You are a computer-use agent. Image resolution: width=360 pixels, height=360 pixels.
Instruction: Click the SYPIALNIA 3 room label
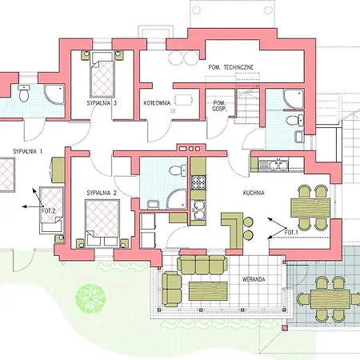tap(102, 103)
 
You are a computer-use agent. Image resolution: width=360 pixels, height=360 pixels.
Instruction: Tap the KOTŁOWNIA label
tap(157, 103)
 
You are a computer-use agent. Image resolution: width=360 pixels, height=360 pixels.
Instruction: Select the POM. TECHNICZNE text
tap(231, 67)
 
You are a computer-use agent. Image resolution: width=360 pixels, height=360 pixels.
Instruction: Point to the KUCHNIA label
tap(254, 193)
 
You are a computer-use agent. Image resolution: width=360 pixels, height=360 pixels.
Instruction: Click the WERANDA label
tap(254, 279)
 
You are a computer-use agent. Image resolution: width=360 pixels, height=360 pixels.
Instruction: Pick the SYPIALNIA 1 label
tap(27, 151)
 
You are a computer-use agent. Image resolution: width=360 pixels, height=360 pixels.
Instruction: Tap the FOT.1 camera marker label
tap(291, 233)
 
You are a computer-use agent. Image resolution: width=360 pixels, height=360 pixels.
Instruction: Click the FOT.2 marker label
tap(49, 211)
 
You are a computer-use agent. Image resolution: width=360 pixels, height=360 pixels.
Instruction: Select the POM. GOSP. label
tap(219, 106)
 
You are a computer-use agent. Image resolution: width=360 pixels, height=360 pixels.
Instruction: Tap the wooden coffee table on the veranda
tap(208, 291)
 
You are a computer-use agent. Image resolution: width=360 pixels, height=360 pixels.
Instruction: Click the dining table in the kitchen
tap(310, 208)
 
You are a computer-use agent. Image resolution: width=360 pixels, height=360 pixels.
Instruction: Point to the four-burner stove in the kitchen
tap(198, 182)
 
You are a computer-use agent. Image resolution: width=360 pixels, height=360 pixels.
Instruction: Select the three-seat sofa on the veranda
tap(202, 265)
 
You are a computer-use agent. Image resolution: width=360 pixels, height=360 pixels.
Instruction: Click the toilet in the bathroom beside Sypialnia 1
tap(24, 93)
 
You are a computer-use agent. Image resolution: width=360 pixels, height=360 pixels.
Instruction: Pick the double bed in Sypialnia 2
tap(102, 222)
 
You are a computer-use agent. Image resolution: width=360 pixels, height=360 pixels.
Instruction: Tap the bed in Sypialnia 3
tap(102, 74)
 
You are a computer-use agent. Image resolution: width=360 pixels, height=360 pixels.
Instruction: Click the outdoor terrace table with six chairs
tap(330, 299)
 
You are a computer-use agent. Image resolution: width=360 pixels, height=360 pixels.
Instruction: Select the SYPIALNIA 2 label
tap(102, 193)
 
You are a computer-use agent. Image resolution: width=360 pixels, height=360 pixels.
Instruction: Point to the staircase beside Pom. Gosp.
tap(247, 106)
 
